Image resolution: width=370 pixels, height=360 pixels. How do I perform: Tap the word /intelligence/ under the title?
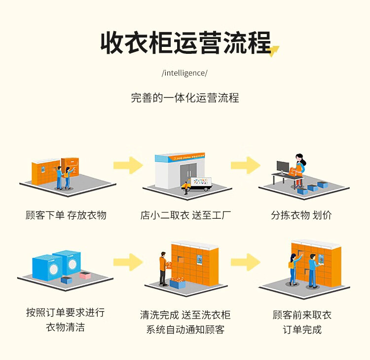(185, 73)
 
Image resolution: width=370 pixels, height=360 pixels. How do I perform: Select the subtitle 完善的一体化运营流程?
(185, 98)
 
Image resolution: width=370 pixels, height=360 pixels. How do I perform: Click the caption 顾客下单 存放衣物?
(66, 215)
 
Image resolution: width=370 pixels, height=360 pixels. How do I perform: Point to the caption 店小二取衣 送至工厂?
(185, 215)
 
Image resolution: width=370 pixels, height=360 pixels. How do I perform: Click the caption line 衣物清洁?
(65, 327)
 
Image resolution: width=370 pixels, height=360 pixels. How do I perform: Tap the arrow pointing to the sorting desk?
(245, 164)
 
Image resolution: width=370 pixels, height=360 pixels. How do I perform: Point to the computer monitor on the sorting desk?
(283, 167)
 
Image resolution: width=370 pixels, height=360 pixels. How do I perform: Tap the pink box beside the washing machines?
(85, 275)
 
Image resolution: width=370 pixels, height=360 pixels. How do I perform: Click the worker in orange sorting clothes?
(298, 168)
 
